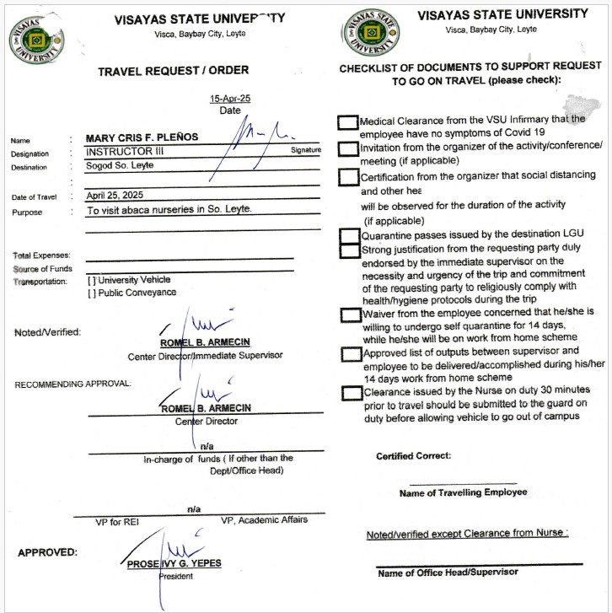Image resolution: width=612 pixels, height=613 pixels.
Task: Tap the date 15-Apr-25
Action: (x=230, y=99)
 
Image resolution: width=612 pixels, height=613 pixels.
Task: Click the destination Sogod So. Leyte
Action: (x=120, y=165)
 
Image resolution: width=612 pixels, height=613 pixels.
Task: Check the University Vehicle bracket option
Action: (x=92, y=280)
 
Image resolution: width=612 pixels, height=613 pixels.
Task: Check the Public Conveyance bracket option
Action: (x=92, y=293)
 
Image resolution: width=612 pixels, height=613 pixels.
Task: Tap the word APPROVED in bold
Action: (x=47, y=553)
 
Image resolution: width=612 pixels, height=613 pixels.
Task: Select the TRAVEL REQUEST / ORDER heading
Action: (x=174, y=71)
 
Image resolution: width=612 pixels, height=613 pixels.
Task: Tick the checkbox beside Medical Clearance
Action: (x=347, y=122)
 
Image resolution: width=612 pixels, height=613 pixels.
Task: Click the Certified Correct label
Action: (x=413, y=456)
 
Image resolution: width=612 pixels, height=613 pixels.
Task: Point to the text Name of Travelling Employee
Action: (x=463, y=492)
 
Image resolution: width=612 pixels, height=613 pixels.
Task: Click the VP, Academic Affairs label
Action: (x=264, y=520)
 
